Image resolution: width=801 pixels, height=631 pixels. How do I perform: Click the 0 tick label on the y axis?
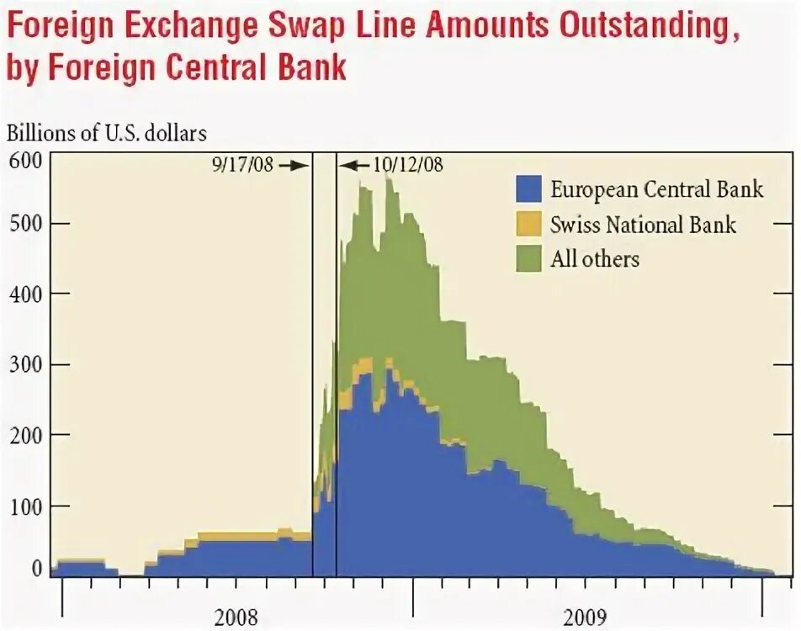[x=36, y=570]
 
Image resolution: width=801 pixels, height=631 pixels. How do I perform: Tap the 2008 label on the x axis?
[x=236, y=617]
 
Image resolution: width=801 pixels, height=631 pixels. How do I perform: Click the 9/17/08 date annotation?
[x=243, y=165]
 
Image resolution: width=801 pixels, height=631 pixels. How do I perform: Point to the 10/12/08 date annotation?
[x=407, y=165]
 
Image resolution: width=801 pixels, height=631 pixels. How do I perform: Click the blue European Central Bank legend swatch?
[x=528, y=188]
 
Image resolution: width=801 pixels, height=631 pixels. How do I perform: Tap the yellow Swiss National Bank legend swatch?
[x=528, y=224]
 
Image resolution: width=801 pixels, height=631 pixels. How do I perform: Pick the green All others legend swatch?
[x=528, y=258]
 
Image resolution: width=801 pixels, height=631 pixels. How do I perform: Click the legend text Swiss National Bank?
[x=644, y=225]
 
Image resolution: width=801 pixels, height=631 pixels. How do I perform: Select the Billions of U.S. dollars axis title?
[x=108, y=132]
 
